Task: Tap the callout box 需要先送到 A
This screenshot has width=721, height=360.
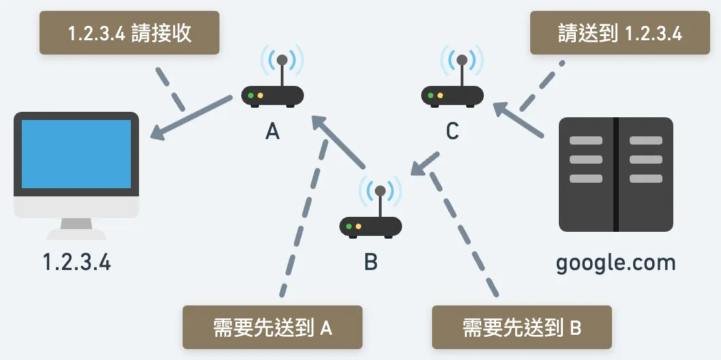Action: (x=273, y=328)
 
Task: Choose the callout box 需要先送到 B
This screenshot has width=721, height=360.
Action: (x=522, y=328)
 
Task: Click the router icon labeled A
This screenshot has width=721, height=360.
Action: (x=273, y=94)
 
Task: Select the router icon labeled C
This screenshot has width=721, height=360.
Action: (x=452, y=93)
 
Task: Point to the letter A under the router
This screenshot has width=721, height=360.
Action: (x=273, y=131)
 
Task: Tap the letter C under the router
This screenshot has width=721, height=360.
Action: (x=452, y=131)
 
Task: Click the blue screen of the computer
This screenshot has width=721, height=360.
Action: (x=76, y=154)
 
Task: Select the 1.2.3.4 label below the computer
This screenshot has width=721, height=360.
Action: (x=76, y=262)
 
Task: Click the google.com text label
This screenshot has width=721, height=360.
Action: (x=615, y=262)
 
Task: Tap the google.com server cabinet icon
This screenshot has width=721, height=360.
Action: (x=615, y=175)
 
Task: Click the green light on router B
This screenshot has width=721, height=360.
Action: (x=349, y=226)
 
